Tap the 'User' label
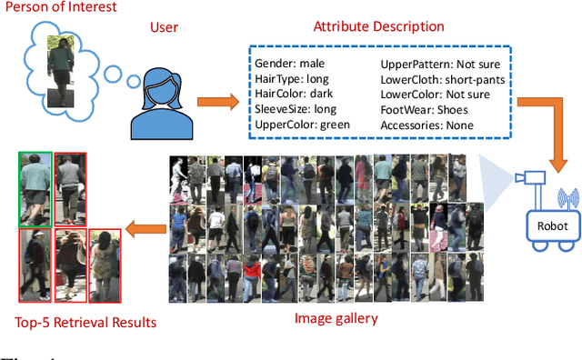point(164,28)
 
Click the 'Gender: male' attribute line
point(290,65)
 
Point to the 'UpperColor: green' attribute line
point(302,124)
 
